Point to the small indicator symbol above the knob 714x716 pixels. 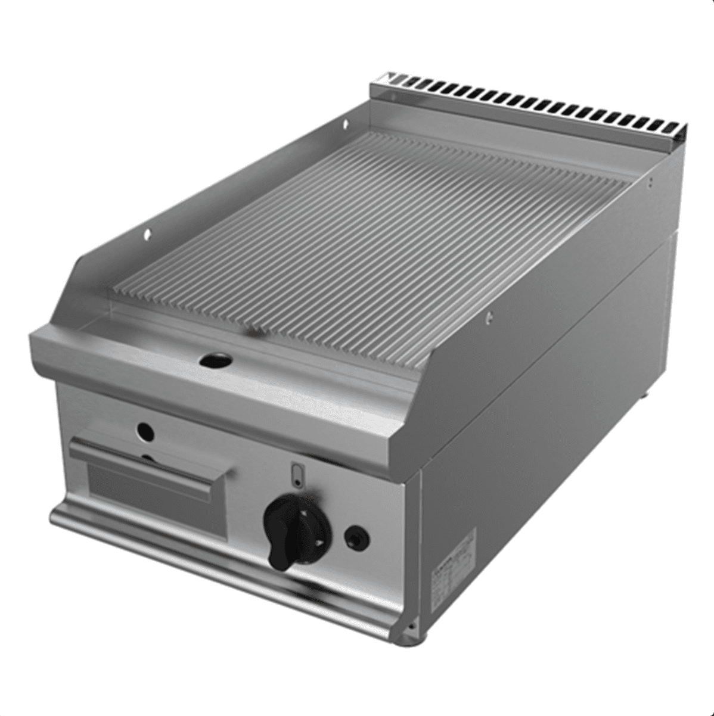click(x=298, y=474)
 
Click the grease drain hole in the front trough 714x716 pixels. click(x=216, y=359)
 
